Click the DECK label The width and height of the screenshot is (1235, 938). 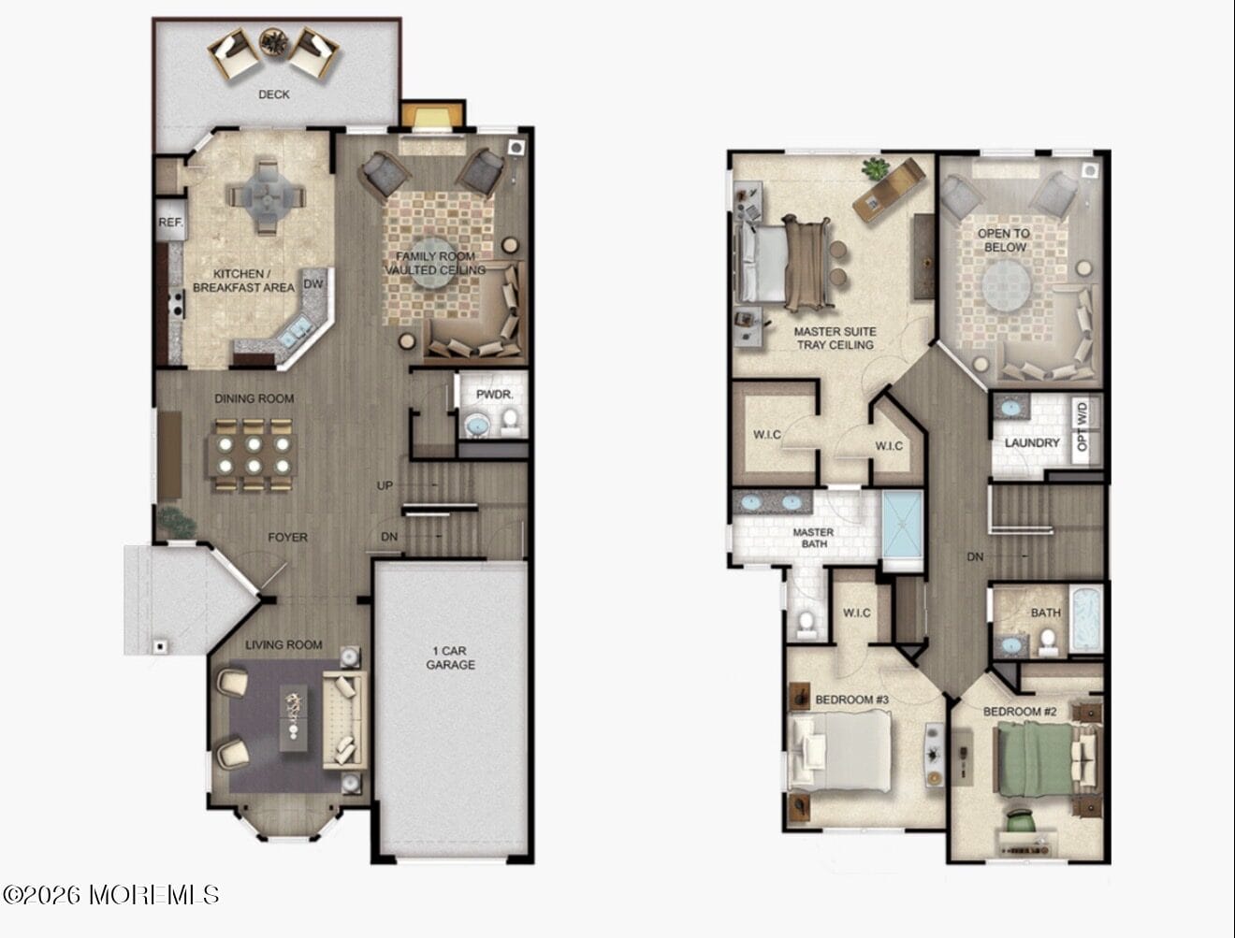[x=273, y=94]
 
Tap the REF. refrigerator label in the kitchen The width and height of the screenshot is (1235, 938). [x=170, y=224]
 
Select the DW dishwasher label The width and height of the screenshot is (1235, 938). [x=313, y=283]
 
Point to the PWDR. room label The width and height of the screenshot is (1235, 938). [x=494, y=395]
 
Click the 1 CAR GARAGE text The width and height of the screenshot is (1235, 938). [x=450, y=657]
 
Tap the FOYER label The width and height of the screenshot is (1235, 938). [x=287, y=538]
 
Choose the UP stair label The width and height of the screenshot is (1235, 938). [x=385, y=485]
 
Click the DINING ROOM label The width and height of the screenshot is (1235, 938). [x=254, y=398]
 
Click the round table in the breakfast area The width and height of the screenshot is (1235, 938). [x=267, y=196]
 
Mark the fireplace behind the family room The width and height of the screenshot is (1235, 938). [x=432, y=118]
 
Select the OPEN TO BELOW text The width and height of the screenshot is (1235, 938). [x=1004, y=240]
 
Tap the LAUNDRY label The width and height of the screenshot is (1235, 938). [x=1032, y=442]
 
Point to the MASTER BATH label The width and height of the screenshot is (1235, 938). [x=812, y=538]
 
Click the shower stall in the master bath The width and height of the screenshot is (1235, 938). [x=903, y=529]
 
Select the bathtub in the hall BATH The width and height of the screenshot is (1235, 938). [x=1086, y=618]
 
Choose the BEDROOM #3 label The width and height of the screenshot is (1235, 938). [x=851, y=700]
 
